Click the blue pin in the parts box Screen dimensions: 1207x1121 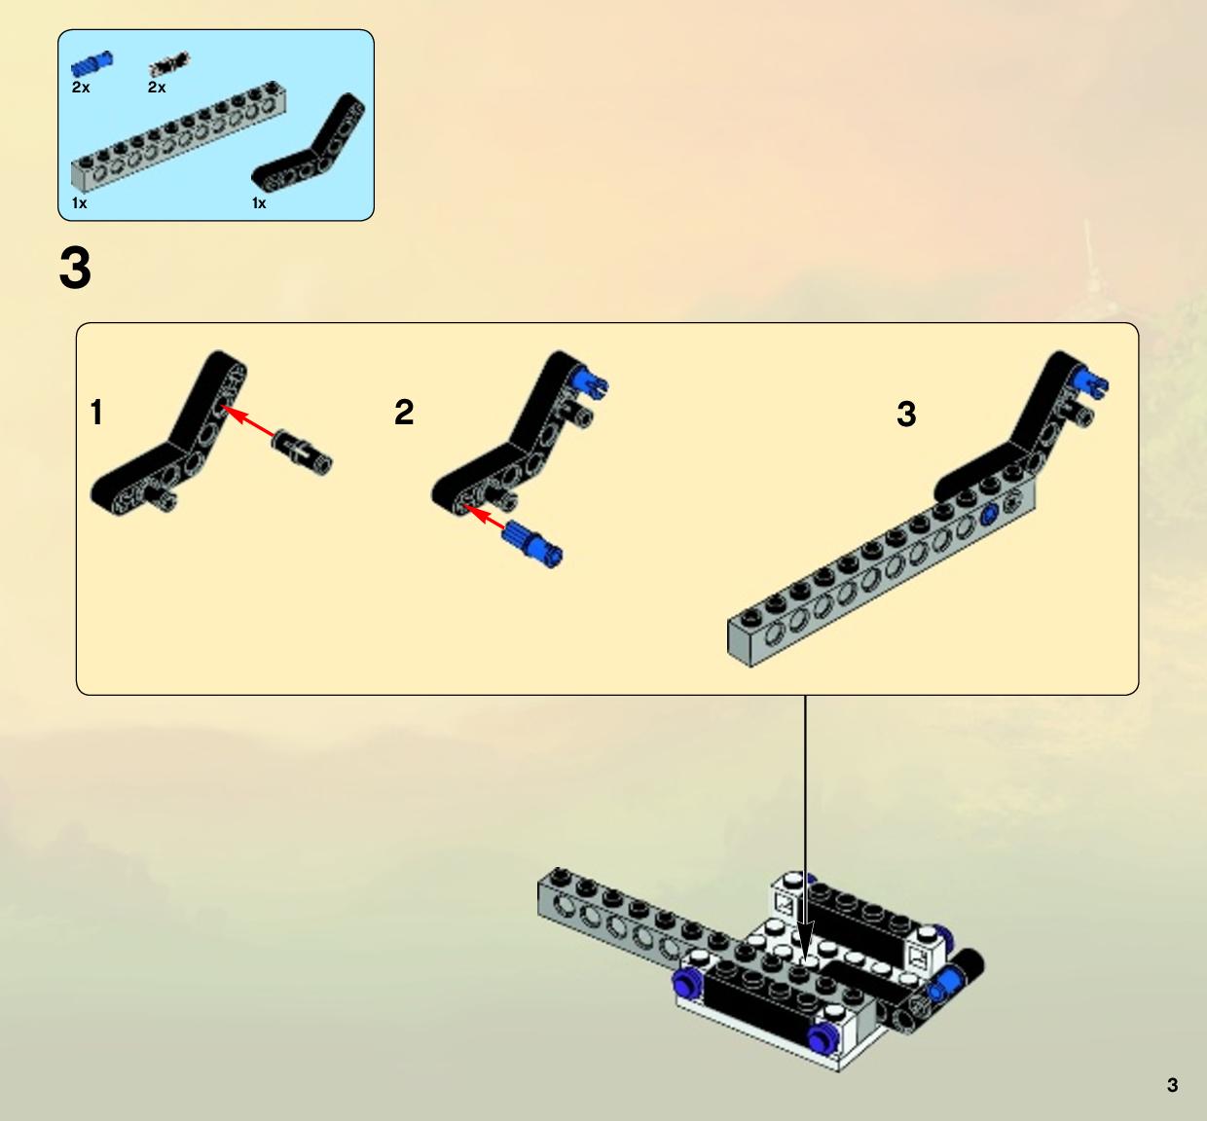coord(91,64)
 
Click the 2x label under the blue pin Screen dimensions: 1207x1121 coord(81,88)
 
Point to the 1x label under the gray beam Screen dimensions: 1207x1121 coord(79,203)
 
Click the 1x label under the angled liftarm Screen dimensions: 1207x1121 coord(259,203)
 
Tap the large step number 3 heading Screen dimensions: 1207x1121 coord(75,268)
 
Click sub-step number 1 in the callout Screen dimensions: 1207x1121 coord(96,412)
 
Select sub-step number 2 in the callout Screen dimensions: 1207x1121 coord(404,412)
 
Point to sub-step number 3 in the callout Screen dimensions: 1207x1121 coord(906,414)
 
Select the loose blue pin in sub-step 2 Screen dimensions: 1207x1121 coord(533,544)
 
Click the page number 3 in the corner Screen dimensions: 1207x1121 coord(1172,1085)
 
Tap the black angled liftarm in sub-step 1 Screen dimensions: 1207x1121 coord(169,434)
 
